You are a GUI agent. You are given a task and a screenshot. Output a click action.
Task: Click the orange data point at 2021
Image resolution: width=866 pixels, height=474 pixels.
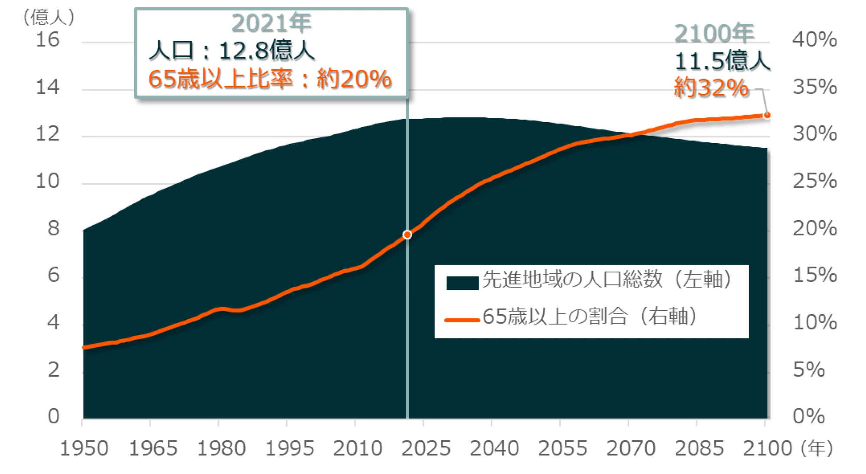pos(407,235)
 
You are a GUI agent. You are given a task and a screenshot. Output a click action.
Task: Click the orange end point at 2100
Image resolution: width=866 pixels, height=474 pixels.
pos(767,115)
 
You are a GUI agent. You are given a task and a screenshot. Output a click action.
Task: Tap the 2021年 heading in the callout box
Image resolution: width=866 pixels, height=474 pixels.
pos(271,23)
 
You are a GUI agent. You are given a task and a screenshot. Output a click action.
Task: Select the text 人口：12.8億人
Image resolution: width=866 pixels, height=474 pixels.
pos(231,51)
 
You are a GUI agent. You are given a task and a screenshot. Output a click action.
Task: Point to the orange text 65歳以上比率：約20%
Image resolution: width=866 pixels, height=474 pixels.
pos(270,79)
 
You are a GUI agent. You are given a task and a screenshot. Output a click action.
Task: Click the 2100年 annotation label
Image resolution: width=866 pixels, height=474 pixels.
pos(714,33)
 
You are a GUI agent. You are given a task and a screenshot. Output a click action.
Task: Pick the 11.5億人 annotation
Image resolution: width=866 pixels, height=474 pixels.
pos(722,61)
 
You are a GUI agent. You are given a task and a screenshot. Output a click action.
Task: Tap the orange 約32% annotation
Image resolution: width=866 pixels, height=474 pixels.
pos(711,88)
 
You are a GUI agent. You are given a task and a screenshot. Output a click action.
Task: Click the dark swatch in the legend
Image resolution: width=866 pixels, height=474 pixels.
pos(462,282)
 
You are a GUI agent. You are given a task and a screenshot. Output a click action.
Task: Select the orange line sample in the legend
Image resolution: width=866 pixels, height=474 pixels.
pos(462,320)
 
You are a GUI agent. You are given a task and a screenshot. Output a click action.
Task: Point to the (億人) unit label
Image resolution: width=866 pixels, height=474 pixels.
pos(48,17)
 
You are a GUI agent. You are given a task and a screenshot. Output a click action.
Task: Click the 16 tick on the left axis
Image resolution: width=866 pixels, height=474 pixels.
pos(48,40)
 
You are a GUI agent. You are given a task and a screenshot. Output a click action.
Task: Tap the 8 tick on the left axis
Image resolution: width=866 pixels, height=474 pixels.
pos(53,228)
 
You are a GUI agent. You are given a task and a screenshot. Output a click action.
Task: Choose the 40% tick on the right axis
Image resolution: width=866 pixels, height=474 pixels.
pos(814,40)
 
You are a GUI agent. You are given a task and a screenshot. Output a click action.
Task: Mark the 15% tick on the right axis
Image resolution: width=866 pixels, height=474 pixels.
pos(814,276)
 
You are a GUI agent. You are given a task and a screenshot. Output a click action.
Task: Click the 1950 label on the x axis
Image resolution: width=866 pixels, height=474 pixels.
pos(84,449)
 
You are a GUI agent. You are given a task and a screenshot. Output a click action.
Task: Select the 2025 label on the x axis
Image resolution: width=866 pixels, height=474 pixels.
pos(426,449)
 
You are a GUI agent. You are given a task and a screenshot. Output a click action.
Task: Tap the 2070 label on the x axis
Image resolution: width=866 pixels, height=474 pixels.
pos(631,449)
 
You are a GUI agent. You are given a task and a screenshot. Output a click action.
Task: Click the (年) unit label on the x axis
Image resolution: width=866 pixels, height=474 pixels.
pos(817,449)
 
